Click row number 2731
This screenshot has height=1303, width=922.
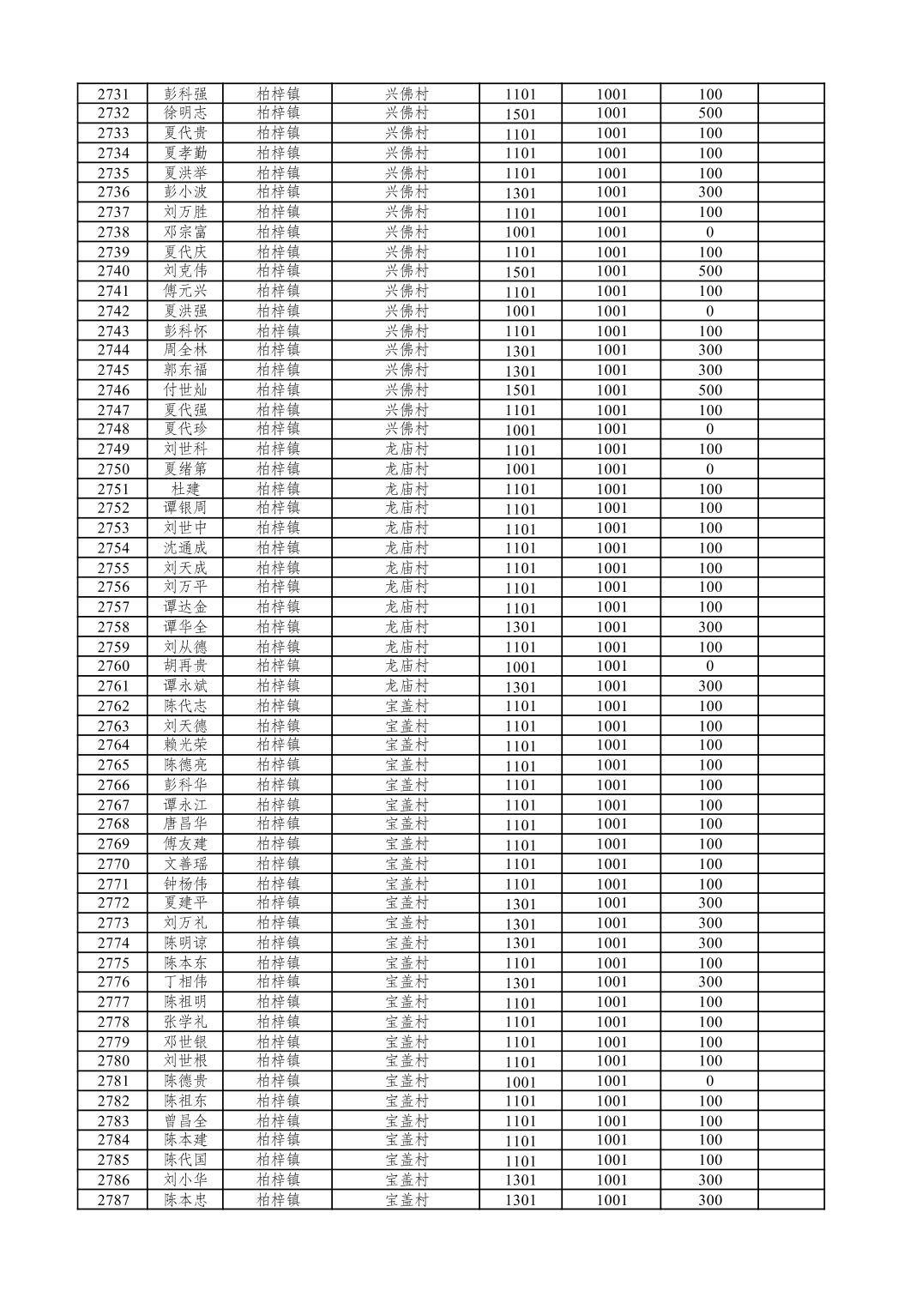[x=112, y=94]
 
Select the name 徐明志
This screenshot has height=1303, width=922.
[x=185, y=113]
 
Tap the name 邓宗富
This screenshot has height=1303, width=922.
[x=185, y=232]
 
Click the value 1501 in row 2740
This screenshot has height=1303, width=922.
[x=520, y=271]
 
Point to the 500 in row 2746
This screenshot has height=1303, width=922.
[x=709, y=389]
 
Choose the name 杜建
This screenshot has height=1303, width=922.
[x=185, y=489]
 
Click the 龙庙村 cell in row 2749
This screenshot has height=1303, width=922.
[x=407, y=449]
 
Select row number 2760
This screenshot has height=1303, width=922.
[x=112, y=666]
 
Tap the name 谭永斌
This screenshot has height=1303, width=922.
[x=185, y=685]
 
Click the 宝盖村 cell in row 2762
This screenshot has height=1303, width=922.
[x=407, y=706]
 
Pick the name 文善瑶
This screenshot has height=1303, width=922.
[x=185, y=864]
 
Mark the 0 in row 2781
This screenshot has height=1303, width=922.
[x=709, y=1081]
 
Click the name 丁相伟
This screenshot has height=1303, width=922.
[x=185, y=981]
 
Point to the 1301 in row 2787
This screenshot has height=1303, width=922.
[x=520, y=1200]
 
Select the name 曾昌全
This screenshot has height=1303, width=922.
[x=185, y=1121]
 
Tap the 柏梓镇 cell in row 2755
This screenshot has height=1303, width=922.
[x=278, y=568]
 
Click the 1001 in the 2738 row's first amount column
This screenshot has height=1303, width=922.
[x=520, y=232]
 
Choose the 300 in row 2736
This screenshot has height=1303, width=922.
[x=709, y=192]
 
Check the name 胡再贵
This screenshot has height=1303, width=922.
[x=185, y=666]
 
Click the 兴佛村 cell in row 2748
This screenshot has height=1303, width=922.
[x=407, y=429]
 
